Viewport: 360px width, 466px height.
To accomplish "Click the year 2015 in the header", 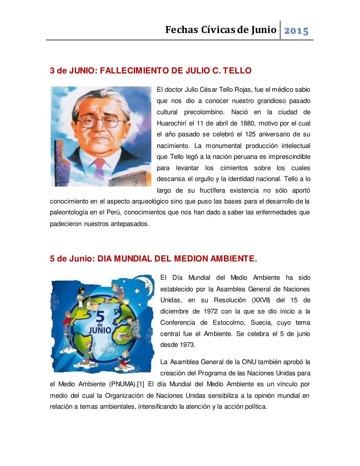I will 296,31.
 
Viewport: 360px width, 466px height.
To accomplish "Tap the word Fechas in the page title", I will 182,30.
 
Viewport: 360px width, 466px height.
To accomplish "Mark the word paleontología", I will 69,212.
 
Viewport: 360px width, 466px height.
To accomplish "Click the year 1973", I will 187,345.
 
